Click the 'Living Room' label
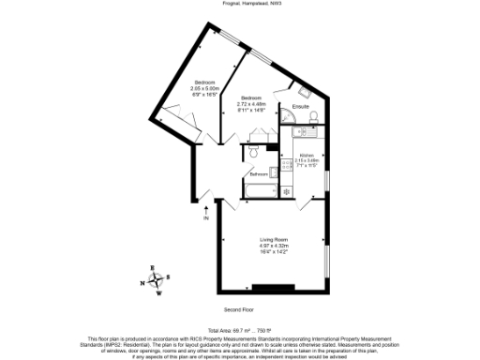[273, 240]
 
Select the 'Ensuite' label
[301, 106]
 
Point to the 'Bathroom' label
[258, 173]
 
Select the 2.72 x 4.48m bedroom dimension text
[252, 104]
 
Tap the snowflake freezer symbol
[287, 193]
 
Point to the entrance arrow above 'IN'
[205, 209]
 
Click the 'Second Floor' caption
[239, 308]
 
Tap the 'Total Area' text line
[239, 330]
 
